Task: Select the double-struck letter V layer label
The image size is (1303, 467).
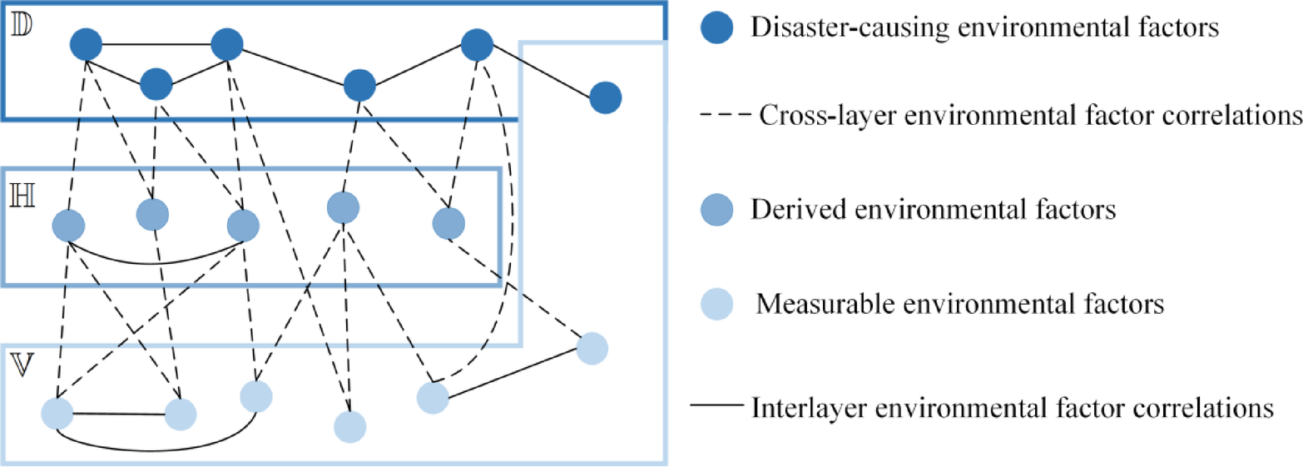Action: pos(20,367)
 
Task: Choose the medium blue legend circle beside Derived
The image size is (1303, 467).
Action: pos(715,209)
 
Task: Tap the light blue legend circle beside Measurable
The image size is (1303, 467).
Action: pos(715,305)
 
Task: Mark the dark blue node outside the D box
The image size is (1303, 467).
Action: pos(605,98)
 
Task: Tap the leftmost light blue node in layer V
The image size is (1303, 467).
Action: pos(57,413)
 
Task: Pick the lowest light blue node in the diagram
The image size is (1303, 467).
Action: pos(349,426)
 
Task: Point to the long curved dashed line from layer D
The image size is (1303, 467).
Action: pos(509,250)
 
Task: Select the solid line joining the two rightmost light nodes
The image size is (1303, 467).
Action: pos(512,373)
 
